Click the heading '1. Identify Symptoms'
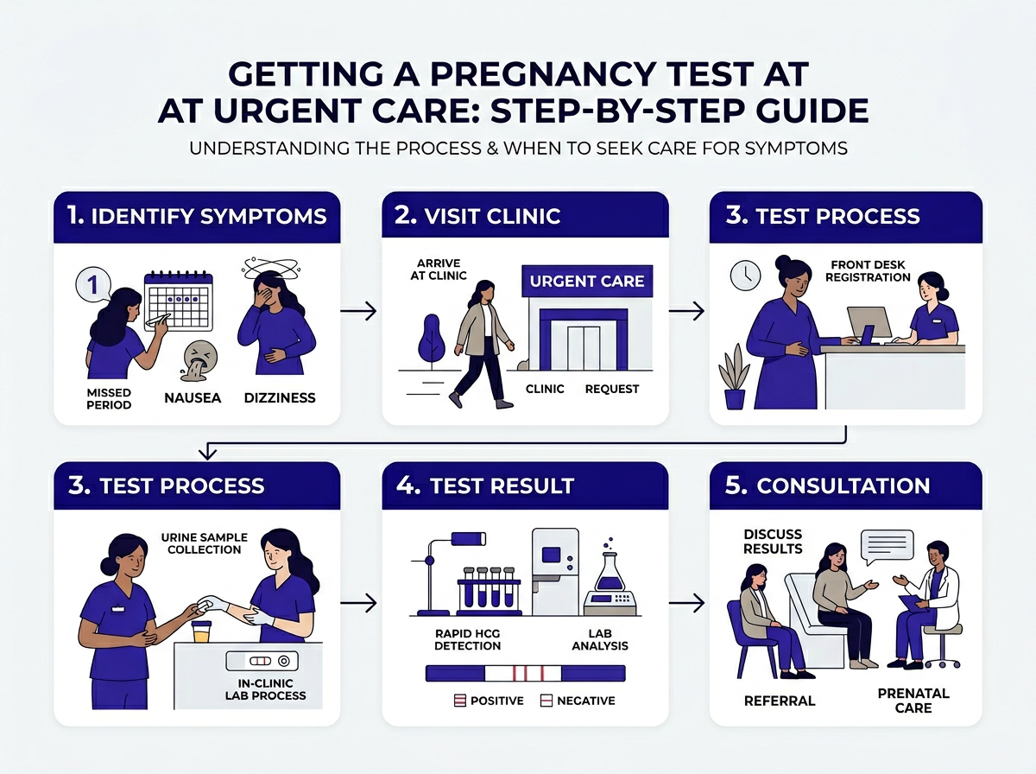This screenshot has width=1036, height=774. (197, 215)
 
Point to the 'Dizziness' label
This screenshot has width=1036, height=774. (279, 398)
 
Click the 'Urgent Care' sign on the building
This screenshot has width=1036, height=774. (586, 282)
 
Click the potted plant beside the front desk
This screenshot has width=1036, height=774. (735, 376)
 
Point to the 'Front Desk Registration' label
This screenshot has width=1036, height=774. (870, 271)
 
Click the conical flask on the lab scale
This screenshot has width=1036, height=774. (610, 571)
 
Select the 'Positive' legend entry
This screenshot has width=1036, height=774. (489, 700)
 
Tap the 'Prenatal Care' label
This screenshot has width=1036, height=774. (913, 701)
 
